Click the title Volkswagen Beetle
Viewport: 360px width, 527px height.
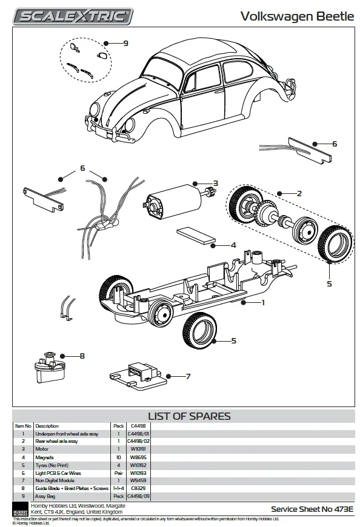tap(298, 16)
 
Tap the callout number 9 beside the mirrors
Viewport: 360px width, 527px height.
tap(125, 43)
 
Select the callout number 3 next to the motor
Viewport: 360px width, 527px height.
tap(215, 183)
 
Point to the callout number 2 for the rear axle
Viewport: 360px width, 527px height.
tap(299, 193)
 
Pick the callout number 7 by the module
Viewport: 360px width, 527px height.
tap(188, 376)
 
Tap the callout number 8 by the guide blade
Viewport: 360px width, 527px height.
tap(82, 356)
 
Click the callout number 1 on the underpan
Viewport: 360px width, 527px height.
tap(263, 302)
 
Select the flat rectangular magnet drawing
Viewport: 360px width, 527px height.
tap(196, 237)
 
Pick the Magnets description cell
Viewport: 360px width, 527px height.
tap(45, 457)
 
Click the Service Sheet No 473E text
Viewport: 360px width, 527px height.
tap(312, 509)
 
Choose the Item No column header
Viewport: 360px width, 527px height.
tap(23, 426)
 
